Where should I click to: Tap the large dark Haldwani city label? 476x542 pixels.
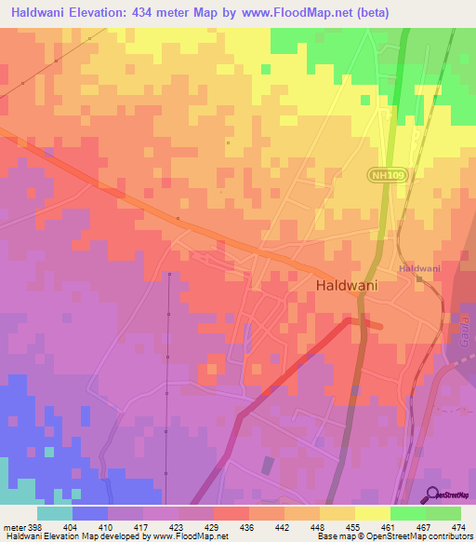[347, 287]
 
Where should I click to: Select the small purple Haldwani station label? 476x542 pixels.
[419, 268]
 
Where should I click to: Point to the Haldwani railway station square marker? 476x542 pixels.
[419, 278]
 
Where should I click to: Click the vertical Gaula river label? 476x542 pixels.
[462, 331]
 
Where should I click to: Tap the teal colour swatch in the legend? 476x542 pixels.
[55, 513]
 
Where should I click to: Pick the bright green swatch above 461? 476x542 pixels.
[407, 513]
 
